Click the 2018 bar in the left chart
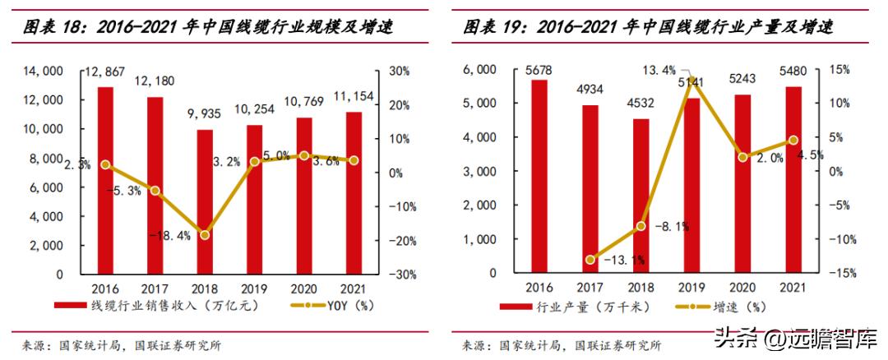tap(205, 201)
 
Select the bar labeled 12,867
tap(105, 180)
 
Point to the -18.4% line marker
tap(205, 235)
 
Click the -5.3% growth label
tap(123, 191)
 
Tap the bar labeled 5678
tap(539, 176)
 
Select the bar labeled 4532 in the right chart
tap(640, 196)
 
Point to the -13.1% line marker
tap(590, 260)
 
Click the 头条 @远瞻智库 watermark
tap(793, 337)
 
